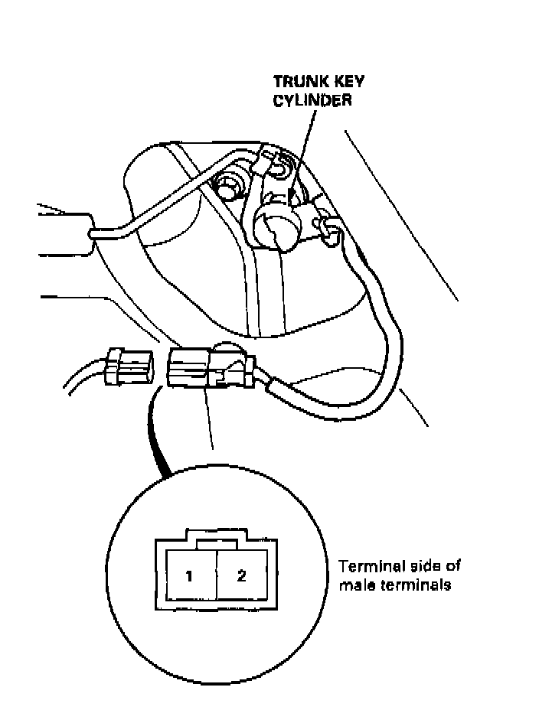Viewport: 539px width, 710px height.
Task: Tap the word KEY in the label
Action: pyautogui.click(x=338, y=81)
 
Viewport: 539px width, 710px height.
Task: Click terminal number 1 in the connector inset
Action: pyautogui.click(x=188, y=575)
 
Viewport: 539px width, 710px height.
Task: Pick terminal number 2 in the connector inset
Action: pyautogui.click(x=241, y=575)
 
